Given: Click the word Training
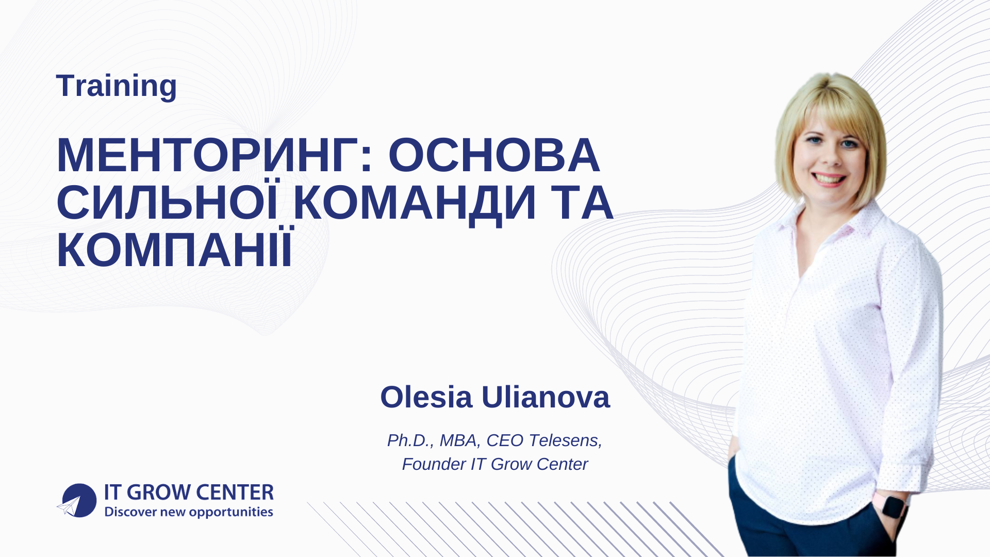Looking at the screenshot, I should (117, 86).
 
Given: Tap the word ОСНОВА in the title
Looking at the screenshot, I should (494, 155).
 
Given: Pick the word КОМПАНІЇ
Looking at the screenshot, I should (174, 250).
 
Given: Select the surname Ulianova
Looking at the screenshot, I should (546, 397).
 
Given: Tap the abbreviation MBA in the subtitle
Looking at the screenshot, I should (458, 440).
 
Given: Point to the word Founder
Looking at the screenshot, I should (434, 464).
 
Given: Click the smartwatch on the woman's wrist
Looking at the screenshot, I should (893, 506).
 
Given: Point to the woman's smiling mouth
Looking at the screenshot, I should (829, 179).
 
